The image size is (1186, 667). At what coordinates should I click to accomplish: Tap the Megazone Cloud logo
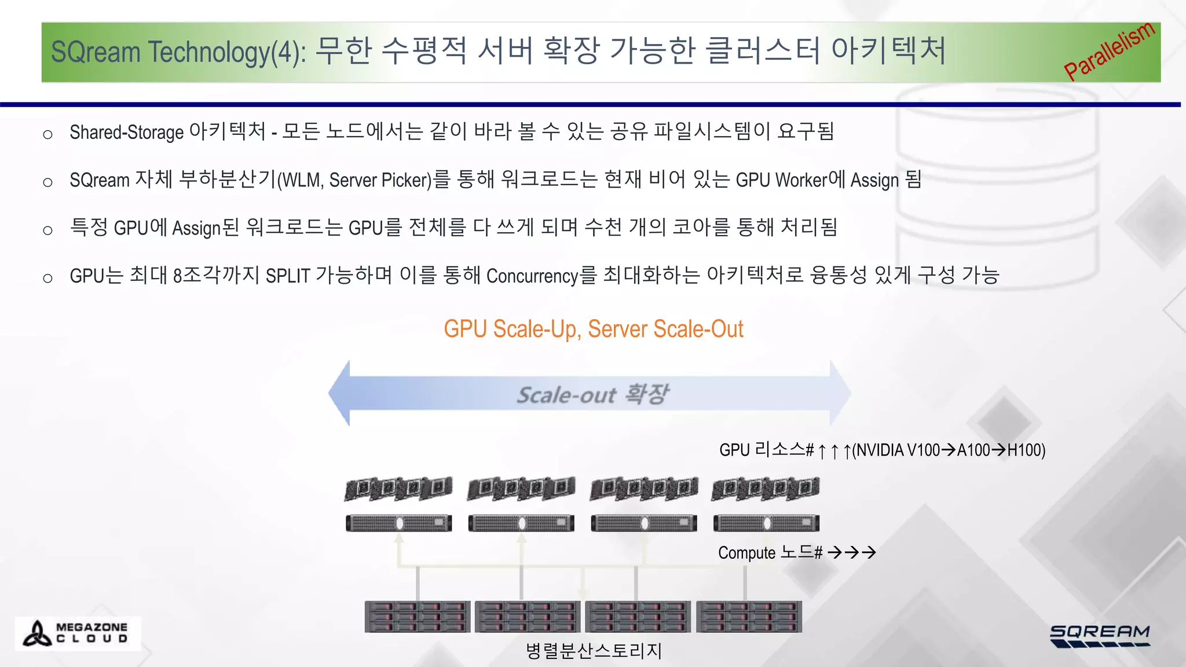tap(78, 633)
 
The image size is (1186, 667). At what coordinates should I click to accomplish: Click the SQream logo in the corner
tap(1099, 635)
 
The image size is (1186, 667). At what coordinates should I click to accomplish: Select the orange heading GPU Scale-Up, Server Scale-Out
tap(593, 329)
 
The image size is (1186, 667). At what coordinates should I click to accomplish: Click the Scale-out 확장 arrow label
tap(592, 394)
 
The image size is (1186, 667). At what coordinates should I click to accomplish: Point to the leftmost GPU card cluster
tap(398, 489)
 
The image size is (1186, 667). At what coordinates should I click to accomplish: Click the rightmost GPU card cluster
tap(765, 489)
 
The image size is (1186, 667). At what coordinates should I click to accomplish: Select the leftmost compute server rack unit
tap(398, 523)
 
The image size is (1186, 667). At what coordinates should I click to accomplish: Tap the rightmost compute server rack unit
tap(766, 523)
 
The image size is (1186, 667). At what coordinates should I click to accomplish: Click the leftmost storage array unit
tap(417, 617)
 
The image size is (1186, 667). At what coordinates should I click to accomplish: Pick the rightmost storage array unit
tap(749, 617)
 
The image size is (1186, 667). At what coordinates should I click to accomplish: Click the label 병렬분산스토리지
tap(593, 651)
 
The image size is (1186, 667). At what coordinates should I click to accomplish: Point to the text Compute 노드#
tap(770, 552)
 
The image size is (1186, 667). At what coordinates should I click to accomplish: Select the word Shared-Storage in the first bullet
tap(126, 132)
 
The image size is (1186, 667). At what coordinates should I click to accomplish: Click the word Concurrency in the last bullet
tap(532, 276)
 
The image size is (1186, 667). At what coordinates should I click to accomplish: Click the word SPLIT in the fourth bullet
tap(288, 276)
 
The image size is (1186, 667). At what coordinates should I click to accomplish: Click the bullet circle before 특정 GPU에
tap(47, 230)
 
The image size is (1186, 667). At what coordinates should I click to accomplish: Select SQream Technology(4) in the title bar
tap(177, 52)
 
